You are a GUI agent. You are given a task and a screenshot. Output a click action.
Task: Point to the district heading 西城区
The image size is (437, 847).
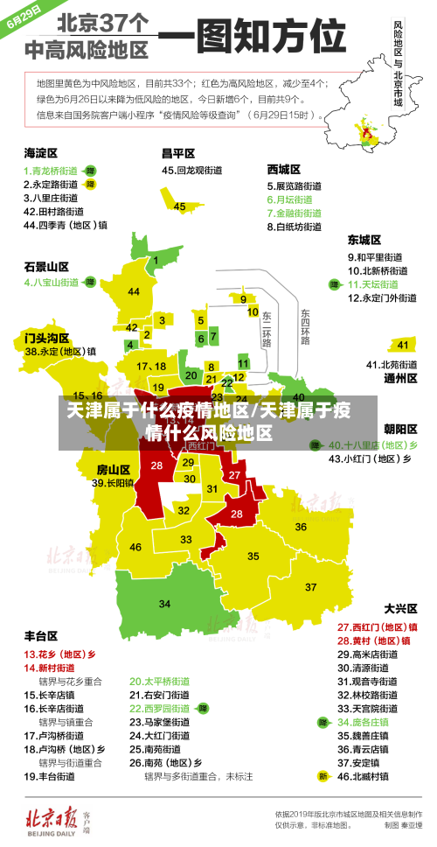coord(284,169)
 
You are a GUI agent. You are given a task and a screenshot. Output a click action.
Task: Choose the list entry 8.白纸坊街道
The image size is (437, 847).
coord(297,226)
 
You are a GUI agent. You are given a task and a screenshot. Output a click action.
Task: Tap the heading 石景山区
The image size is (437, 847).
coord(46,266)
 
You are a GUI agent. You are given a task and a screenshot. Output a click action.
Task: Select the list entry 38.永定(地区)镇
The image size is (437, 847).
coord(60,352)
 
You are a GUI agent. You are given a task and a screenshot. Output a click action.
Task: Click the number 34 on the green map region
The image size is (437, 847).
coord(164,604)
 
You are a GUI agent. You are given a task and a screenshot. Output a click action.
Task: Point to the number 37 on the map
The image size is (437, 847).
coord(310,586)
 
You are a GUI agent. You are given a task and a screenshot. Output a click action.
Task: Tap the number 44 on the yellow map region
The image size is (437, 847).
coord(134,291)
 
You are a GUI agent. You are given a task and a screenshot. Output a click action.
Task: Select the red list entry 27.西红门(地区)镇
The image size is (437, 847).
coord(378,626)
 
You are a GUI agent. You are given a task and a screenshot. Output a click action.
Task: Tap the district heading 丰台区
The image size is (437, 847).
coord(41,635)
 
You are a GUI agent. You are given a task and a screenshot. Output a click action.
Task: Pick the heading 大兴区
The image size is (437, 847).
coord(401,608)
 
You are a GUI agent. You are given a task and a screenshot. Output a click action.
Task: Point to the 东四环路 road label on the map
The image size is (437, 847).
coord(305,326)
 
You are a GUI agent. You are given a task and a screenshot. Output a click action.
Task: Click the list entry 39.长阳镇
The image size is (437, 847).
coord(114,482)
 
